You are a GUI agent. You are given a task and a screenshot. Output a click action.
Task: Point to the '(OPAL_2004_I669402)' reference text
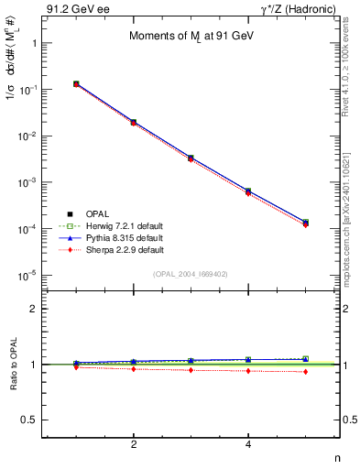coord(191,274)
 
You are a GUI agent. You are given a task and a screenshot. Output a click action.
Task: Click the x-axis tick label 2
coord(134,445)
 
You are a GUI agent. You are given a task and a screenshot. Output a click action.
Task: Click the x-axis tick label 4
coord(248,445)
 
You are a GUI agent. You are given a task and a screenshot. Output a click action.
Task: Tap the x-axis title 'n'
coord(337,458)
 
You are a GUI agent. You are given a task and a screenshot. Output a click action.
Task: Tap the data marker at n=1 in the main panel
coord(76,83)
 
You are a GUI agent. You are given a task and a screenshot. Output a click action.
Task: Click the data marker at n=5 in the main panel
coord(305,223)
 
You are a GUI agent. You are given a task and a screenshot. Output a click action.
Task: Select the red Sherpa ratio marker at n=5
coord(305,372)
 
